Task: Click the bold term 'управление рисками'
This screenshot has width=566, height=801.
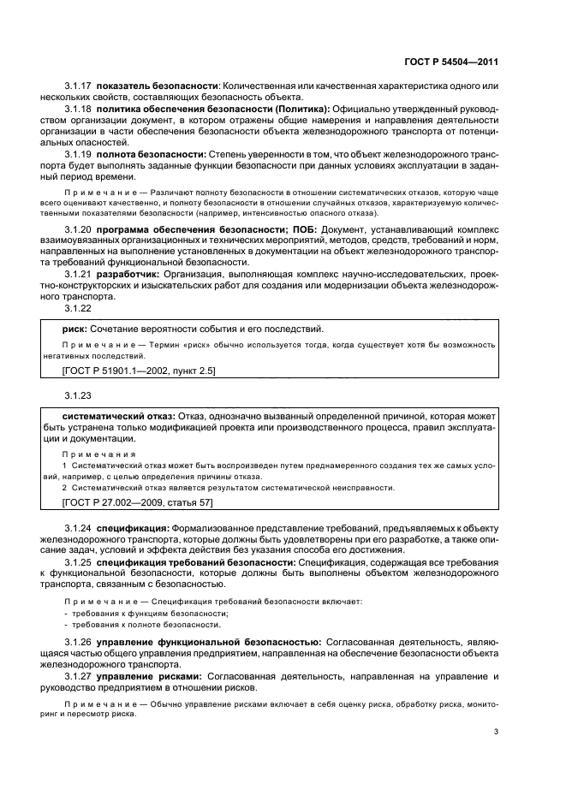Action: (x=149, y=676)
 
